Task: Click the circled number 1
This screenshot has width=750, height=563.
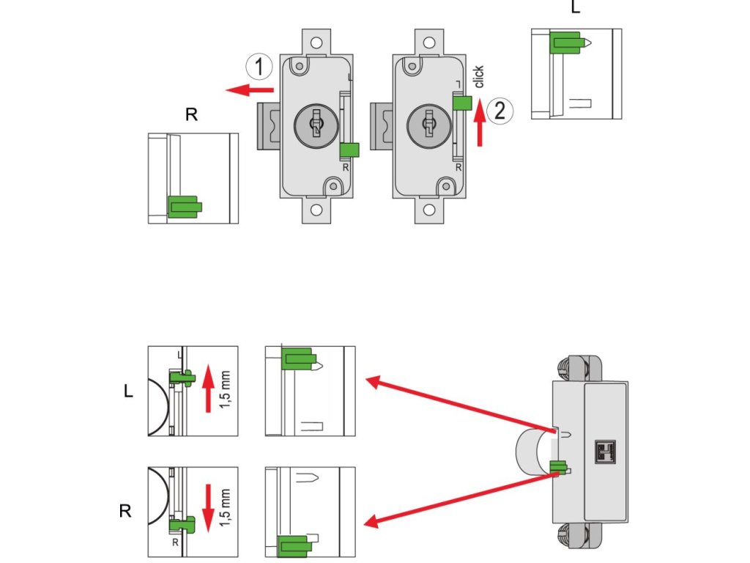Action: coord(259,67)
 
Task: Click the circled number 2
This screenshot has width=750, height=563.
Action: coord(500,111)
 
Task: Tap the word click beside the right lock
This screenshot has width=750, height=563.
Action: coord(478,76)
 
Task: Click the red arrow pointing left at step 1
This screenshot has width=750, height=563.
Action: coord(250,89)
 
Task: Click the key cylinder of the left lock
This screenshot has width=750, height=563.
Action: coord(316,125)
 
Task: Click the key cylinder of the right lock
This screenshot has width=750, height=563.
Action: coord(428,125)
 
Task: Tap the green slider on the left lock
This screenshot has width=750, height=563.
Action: coord(349,150)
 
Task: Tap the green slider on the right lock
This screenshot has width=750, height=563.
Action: coord(462,103)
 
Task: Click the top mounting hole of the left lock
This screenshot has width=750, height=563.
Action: coord(316,43)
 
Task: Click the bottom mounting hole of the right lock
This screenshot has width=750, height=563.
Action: coord(429,210)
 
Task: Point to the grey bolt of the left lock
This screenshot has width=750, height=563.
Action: coord(269,125)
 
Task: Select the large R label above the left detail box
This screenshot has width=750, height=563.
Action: coord(191,114)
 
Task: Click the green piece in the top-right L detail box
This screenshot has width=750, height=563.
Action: coord(568,43)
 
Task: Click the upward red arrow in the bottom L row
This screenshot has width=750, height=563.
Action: coord(208,389)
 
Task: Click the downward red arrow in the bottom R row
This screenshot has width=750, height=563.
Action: coord(208,509)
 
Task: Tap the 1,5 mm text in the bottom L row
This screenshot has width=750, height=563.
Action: coord(226,390)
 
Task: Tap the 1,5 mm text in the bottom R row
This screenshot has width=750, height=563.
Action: coord(226,508)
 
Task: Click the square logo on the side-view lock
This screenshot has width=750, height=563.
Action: coord(605,452)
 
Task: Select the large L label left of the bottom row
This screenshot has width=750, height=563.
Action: coord(128,391)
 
